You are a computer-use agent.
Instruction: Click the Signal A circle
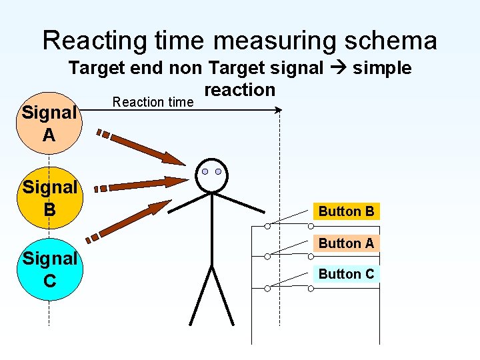tap(49, 124)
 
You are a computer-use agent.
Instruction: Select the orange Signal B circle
tap(49, 198)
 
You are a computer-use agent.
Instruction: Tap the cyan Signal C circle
tap(49, 269)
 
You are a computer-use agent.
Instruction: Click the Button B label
tap(346, 211)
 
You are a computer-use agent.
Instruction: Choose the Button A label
tap(346, 243)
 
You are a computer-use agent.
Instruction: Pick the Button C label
tap(346, 274)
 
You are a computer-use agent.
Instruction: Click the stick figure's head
tap(212, 175)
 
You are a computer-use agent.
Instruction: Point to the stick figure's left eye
tap(205, 172)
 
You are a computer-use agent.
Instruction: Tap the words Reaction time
tap(153, 102)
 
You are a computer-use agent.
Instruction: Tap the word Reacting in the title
tap(91, 41)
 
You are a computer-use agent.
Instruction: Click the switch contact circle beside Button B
tap(267, 226)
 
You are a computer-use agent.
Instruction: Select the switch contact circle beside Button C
tap(267, 287)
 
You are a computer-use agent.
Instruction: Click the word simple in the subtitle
tap(382, 68)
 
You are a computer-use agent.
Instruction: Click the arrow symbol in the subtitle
tap(338, 69)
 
